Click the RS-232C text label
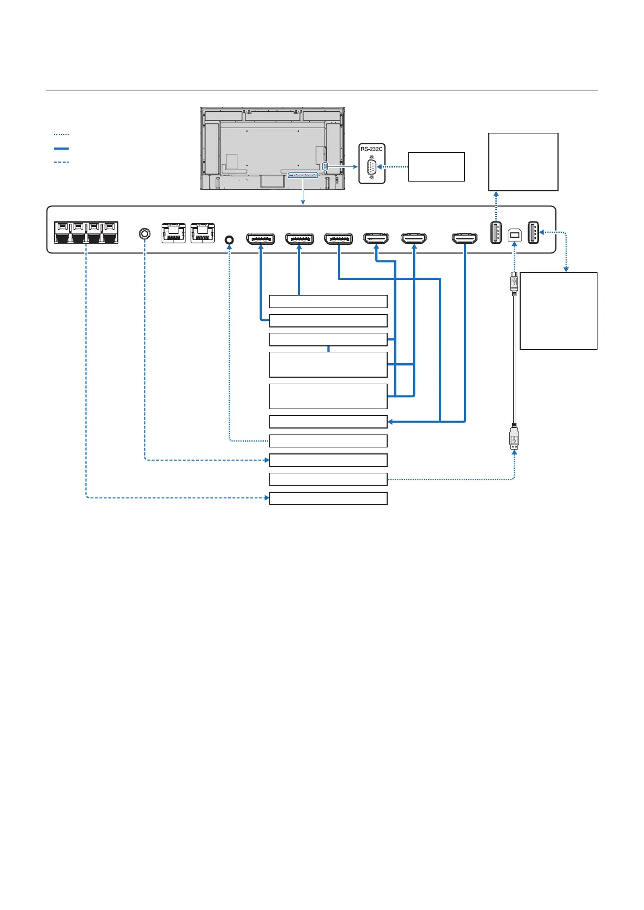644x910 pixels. pos(371,149)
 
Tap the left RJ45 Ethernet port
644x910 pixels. pos(174,233)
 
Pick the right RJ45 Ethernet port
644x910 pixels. pos(202,233)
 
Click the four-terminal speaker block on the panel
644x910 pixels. pos(86,233)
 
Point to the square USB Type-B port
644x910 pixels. pos(515,235)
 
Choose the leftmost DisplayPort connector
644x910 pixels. pos(261,238)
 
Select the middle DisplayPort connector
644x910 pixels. pos(299,238)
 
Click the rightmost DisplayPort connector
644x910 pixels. pos(338,238)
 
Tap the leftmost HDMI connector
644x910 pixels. pos(376,238)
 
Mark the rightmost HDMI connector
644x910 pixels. pos(464,238)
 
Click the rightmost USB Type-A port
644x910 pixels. pos(533,232)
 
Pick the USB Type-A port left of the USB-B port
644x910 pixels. pos(496,232)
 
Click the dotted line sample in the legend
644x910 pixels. pos(62,135)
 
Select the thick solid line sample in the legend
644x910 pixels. pos(62,149)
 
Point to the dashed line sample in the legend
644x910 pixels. pos(62,162)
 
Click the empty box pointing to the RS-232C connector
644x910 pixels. pos(436,167)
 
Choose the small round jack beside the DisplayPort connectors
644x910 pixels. pos(229,240)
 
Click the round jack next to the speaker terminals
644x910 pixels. pos(144,233)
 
